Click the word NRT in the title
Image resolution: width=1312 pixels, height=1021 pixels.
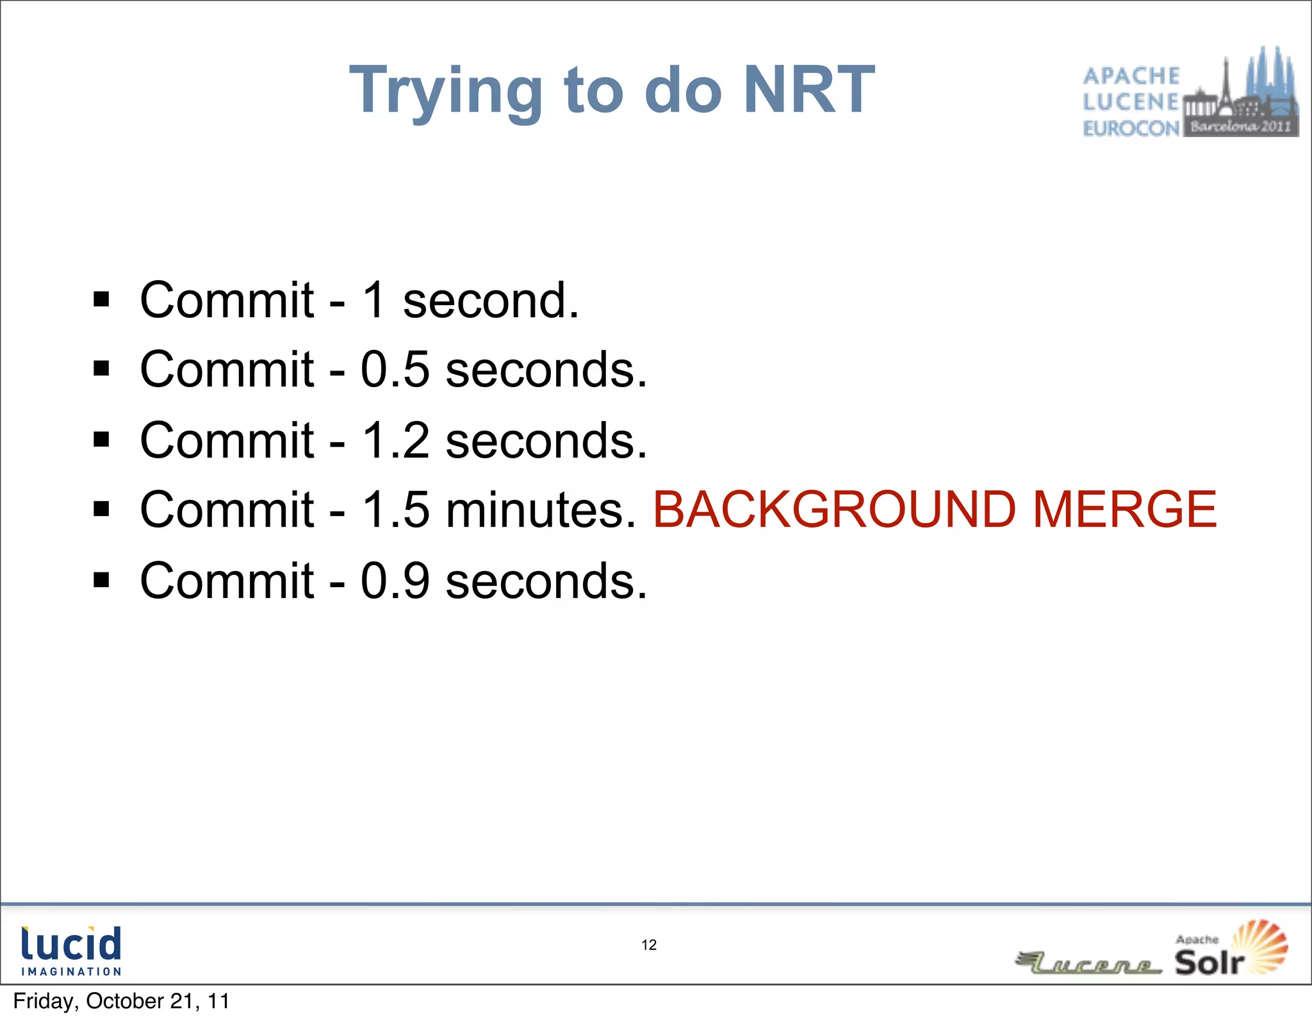[808, 90]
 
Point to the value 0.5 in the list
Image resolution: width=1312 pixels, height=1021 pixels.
[395, 370]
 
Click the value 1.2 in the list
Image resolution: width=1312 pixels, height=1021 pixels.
[395, 440]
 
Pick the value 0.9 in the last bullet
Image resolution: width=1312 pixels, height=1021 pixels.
[395, 581]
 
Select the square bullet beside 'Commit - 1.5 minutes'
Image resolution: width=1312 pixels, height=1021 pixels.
[101, 510]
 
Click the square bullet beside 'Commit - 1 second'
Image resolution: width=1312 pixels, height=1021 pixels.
[101, 299]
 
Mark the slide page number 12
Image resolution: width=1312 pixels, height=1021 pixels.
[649, 945]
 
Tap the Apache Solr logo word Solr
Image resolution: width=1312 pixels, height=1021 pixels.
[1209, 962]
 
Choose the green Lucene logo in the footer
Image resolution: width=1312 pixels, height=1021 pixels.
[1089, 963]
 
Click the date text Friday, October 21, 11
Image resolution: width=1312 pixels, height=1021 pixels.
[121, 1001]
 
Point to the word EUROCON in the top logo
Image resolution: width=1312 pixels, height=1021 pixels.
[1131, 129]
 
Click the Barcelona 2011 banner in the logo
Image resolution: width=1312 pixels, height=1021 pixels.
[1240, 126]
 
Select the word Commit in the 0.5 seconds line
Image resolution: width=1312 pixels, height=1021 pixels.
[227, 370]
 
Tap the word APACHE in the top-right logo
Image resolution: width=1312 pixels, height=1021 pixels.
[1131, 76]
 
